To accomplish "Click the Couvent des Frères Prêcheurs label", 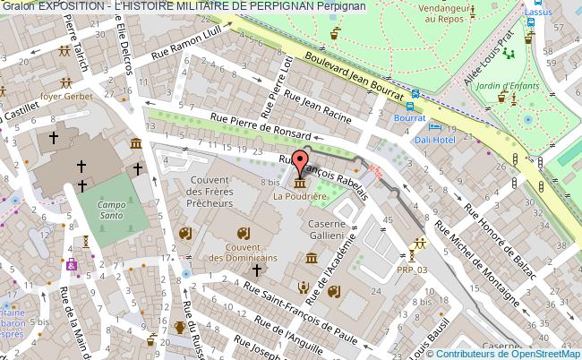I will pyautogui.click(x=212, y=192).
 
